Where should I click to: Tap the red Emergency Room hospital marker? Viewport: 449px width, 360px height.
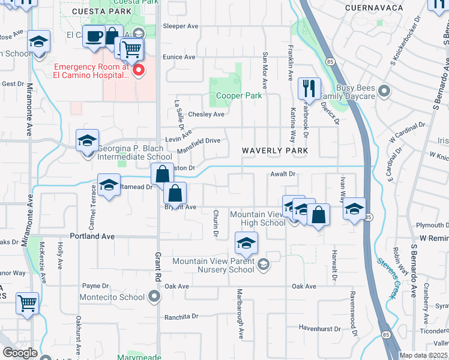[x=139, y=71]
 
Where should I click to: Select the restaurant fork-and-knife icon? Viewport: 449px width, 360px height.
[x=309, y=89]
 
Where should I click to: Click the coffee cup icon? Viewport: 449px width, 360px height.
[x=94, y=37]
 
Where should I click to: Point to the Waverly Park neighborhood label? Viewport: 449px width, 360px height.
[x=275, y=151]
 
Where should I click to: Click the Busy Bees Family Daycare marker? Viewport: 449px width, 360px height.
[x=385, y=92]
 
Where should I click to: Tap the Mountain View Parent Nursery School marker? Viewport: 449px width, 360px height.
[x=263, y=265]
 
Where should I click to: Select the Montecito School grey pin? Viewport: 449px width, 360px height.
[x=155, y=296]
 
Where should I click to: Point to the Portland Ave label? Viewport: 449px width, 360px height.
[x=92, y=236]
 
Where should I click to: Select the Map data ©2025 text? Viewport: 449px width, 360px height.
[x=423, y=355]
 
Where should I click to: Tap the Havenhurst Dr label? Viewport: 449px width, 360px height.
[x=319, y=328]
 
